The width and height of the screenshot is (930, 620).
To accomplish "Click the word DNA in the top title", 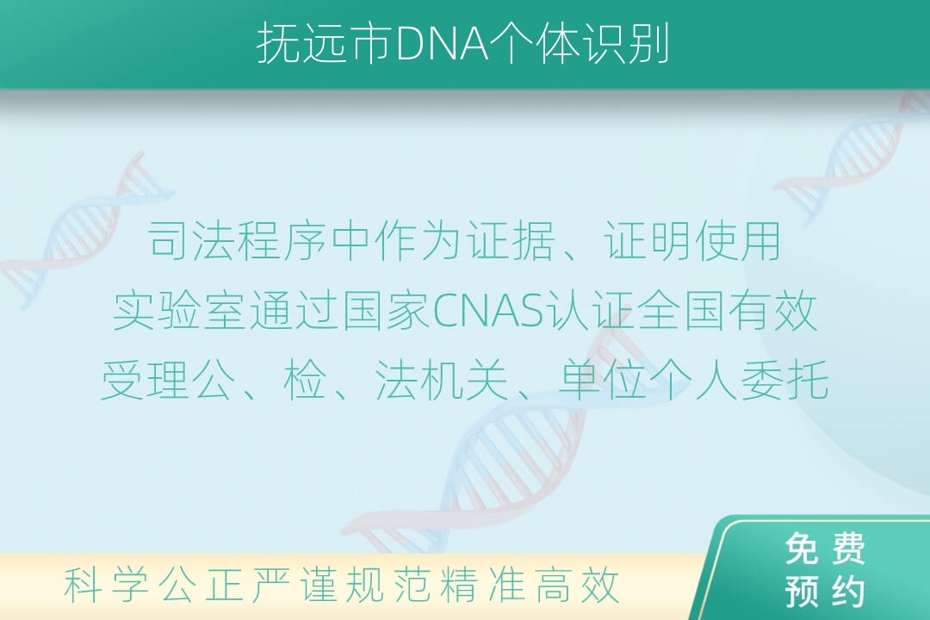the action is click(441, 44).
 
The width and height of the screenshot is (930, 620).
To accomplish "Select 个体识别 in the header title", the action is click(580, 44).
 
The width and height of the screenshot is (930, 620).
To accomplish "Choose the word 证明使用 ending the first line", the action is click(692, 241).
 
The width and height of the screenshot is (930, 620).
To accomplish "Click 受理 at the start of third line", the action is click(146, 380).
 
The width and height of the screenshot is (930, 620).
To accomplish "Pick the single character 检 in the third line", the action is click(305, 380).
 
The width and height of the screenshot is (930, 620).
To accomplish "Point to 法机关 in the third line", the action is click(441, 380).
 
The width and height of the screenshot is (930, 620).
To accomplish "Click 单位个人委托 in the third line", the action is click(693, 380).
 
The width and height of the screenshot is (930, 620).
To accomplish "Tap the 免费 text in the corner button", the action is click(825, 549).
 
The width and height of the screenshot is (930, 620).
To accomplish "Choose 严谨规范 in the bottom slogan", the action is click(341, 585).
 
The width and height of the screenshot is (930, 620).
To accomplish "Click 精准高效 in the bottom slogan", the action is click(530, 585).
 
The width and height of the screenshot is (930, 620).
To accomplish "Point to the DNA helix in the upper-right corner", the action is click(854, 158).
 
